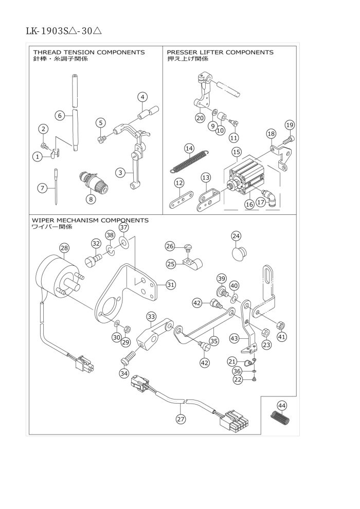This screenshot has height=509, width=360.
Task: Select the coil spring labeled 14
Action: coord(189,160)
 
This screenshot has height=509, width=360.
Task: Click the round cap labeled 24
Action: coord(237,253)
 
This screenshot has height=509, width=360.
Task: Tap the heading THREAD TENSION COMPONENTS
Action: coord(89,52)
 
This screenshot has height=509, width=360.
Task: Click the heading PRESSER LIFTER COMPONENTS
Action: coord(220,52)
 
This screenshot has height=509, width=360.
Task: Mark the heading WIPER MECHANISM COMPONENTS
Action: coord(90,220)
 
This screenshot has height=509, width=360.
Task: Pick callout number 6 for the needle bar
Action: coord(60,116)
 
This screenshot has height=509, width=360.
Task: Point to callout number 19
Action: coord(290,125)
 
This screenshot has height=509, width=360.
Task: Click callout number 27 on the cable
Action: coord(181,420)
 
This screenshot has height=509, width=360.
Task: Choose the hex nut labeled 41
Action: coord(281,325)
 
